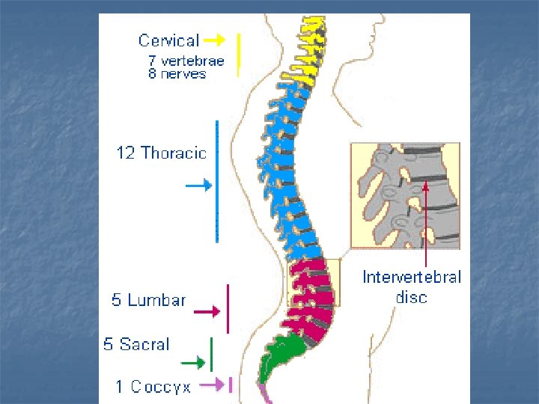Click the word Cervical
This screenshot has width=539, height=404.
tap(168, 41)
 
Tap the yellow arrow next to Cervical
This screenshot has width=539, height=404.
tap(214, 39)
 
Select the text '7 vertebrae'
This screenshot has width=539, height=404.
tap(186, 61)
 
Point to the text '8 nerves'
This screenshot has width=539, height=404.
tap(177, 74)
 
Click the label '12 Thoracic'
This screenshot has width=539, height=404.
tap(161, 153)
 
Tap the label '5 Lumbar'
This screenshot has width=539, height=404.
tap(148, 301)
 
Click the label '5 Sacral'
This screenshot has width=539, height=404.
tap(136, 345)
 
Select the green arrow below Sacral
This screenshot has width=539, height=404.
tap(194, 363)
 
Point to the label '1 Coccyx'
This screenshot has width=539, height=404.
tap(153, 387)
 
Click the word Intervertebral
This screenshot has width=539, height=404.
tap(412, 278)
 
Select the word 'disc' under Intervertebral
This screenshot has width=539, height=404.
tap(412, 297)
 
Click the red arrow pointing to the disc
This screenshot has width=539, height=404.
tap(425, 224)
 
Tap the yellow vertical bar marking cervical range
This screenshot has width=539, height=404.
tap(238, 54)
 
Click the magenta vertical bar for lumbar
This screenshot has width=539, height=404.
tap(228, 308)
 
